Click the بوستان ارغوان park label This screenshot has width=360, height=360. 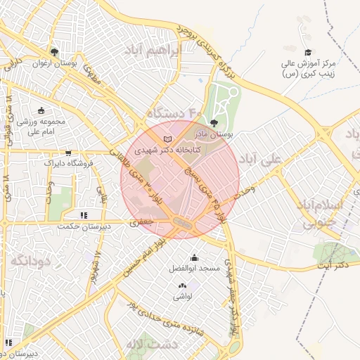[55, 63]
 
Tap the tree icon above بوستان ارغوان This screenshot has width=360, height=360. [55, 52]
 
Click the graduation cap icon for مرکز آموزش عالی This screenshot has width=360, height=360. [307, 53]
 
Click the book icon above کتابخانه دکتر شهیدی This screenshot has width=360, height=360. [167, 139]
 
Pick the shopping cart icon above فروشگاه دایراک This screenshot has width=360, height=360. [68, 153]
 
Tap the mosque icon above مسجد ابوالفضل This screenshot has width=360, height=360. [194, 257]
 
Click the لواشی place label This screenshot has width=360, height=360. [184, 296]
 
